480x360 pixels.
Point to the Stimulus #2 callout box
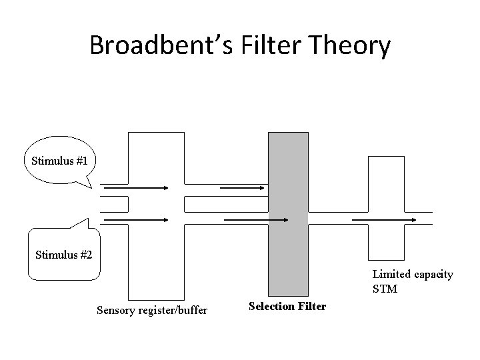pos(63,253)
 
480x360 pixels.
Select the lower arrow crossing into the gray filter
pos(256,219)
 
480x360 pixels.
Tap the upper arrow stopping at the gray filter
pos(243,188)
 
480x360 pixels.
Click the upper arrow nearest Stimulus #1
pos(137,188)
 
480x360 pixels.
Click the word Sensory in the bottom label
pos(115,310)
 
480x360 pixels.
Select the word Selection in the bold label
pos(270,307)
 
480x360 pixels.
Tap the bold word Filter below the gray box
pos(310,307)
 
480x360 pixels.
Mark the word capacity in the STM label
pos(430,275)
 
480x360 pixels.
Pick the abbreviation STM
pos(385,289)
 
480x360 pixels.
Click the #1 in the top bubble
pos(89,161)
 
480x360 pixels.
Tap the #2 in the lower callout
pos(85,254)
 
